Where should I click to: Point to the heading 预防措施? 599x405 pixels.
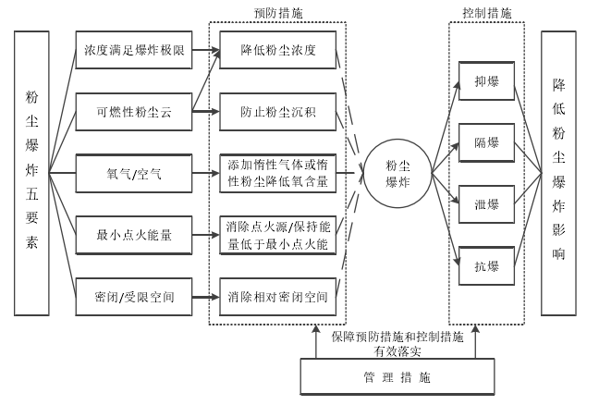click(276, 14)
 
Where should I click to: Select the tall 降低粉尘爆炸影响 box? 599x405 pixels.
click(559, 173)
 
